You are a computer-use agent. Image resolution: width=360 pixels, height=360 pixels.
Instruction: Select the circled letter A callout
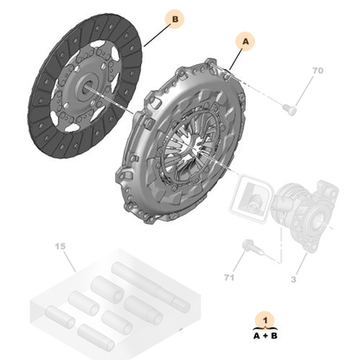[244, 41]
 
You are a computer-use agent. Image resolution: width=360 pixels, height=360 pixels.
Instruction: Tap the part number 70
[317, 69]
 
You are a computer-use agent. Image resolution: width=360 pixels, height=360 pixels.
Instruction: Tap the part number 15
[60, 247]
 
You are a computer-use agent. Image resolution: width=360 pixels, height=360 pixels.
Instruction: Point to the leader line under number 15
[68, 263]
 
